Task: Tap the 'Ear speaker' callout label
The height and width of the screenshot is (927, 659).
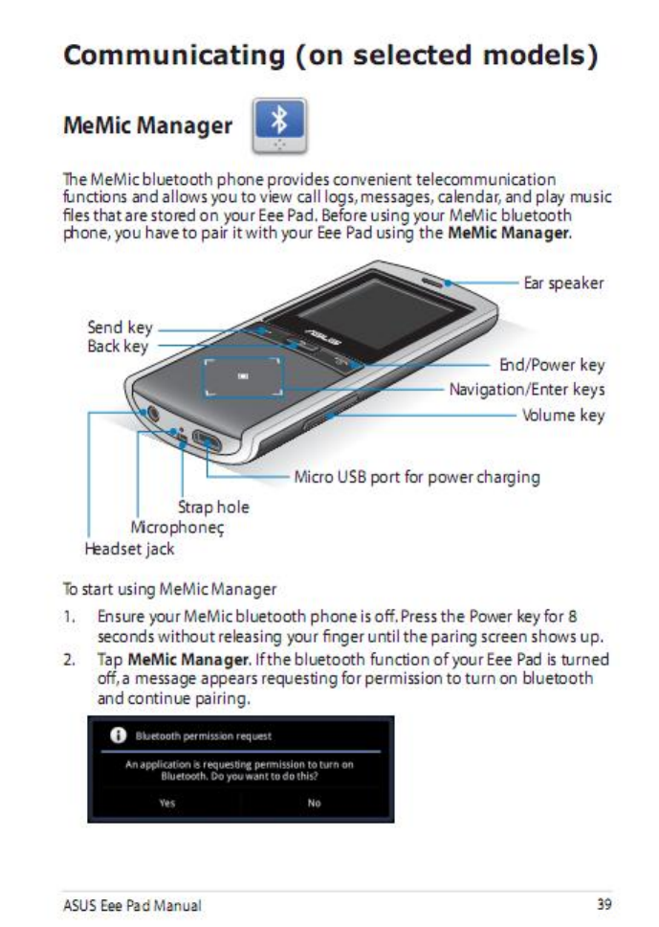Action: pyautogui.click(x=563, y=283)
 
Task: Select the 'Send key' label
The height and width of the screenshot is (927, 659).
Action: pyautogui.click(x=120, y=328)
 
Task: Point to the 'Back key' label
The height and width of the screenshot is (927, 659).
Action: pyautogui.click(x=118, y=346)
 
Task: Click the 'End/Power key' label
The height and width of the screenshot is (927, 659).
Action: pyautogui.click(x=553, y=365)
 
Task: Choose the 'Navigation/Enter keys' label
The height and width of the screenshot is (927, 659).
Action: pyautogui.click(x=527, y=390)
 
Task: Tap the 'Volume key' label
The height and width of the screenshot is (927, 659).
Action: pyautogui.click(x=562, y=415)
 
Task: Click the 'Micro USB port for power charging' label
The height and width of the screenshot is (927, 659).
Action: pyautogui.click(x=416, y=477)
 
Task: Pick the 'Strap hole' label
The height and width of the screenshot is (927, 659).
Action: pyautogui.click(x=213, y=507)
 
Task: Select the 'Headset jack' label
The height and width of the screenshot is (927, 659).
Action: pyautogui.click(x=129, y=549)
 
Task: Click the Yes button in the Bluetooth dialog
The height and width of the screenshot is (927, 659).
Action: pyautogui.click(x=167, y=803)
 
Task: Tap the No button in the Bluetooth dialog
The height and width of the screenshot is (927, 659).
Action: pyautogui.click(x=314, y=803)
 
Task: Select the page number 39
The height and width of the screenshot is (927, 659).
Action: pyautogui.click(x=604, y=903)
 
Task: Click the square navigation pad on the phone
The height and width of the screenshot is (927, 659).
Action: pyautogui.click(x=243, y=378)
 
